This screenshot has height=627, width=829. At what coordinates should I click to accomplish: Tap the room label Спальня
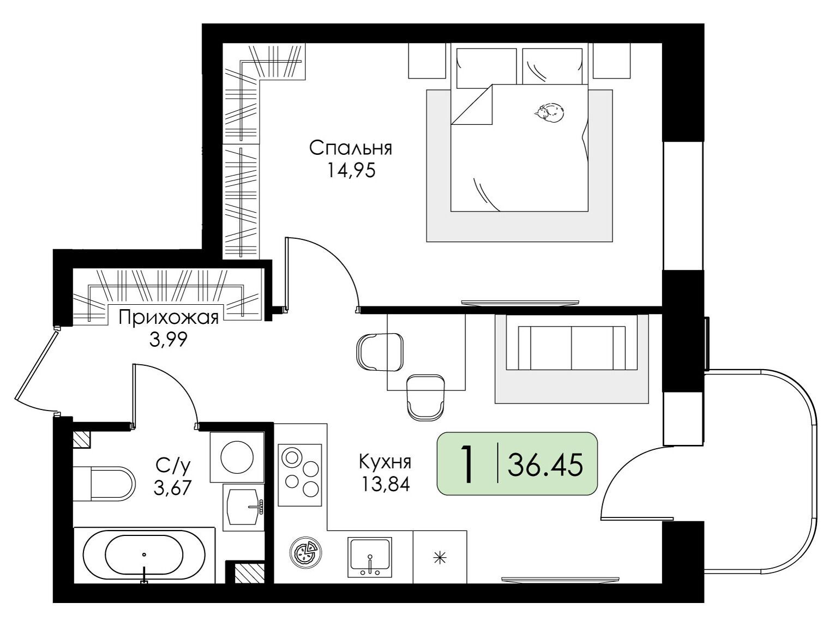[351, 148]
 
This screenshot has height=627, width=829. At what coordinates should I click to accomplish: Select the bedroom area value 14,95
[351, 171]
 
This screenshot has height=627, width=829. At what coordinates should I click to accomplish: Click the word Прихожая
[169, 318]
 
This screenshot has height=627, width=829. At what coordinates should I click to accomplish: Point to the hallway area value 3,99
[169, 341]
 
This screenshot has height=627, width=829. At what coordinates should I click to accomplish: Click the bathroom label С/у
[172, 467]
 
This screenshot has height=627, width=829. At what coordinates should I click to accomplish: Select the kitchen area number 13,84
[386, 484]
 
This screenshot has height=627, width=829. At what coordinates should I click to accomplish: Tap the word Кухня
[385, 462]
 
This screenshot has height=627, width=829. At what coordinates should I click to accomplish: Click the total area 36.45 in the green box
[545, 465]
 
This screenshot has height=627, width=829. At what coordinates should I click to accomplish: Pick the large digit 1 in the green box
[467, 464]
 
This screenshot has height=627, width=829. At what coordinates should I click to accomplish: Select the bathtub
[144, 557]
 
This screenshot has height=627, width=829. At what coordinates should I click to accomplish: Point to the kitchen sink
[370, 557]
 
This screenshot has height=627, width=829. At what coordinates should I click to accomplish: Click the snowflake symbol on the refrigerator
[440, 558]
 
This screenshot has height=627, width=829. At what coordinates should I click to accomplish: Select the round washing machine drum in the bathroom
[237, 457]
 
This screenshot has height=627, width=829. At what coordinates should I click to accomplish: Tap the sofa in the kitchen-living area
[572, 348]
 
